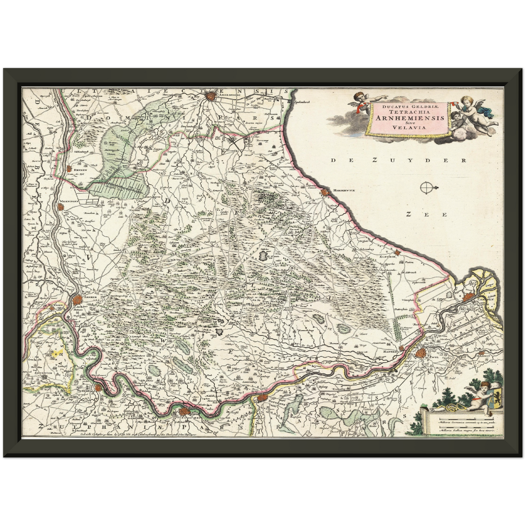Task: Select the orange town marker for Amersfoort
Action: click(x=210, y=96)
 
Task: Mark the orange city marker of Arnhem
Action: click(x=77, y=300)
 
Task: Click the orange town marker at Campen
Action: click(x=470, y=297)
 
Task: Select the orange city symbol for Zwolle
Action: click(x=421, y=352)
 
